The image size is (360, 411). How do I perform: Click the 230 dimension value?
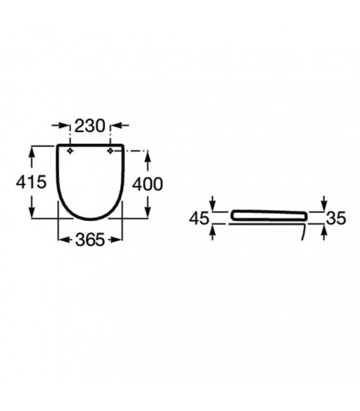(90, 126)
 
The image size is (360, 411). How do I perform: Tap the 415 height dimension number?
(32, 182)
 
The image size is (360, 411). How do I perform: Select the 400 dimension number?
(147, 184)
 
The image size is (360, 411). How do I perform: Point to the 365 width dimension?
(90, 239)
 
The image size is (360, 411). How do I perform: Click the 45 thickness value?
(199, 218)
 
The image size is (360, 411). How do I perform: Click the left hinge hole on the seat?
(69, 152)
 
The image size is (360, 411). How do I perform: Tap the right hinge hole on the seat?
(111, 152)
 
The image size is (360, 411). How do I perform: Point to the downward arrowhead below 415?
(32, 213)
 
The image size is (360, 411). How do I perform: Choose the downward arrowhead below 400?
(147, 213)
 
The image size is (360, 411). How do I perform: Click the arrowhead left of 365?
(62, 239)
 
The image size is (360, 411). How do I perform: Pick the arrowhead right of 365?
(118, 239)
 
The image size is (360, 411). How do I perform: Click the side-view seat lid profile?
(268, 215)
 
